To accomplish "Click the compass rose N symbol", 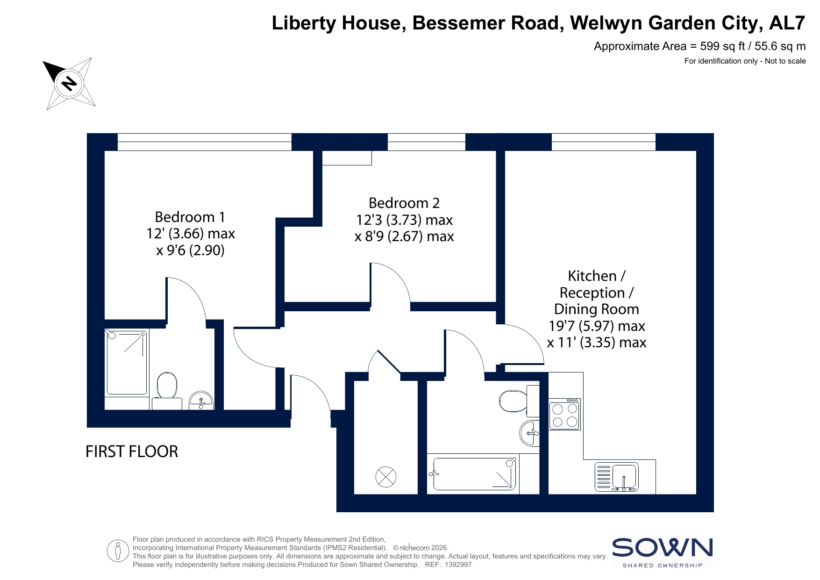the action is (x=70, y=84).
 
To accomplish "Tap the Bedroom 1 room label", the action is (x=190, y=217).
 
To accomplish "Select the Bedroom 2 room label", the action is (x=404, y=203).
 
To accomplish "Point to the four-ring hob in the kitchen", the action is (x=564, y=414).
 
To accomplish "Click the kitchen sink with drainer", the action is (x=617, y=477).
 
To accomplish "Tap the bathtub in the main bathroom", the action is (x=474, y=474).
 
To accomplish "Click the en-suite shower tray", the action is (x=127, y=362).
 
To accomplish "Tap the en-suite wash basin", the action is (x=201, y=401).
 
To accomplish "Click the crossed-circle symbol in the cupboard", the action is (x=386, y=477).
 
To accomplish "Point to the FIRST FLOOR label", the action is (x=132, y=451).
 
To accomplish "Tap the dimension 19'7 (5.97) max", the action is (x=597, y=326).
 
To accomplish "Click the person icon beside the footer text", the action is (x=117, y=551).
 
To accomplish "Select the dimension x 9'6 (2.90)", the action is (x=190, y=251).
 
